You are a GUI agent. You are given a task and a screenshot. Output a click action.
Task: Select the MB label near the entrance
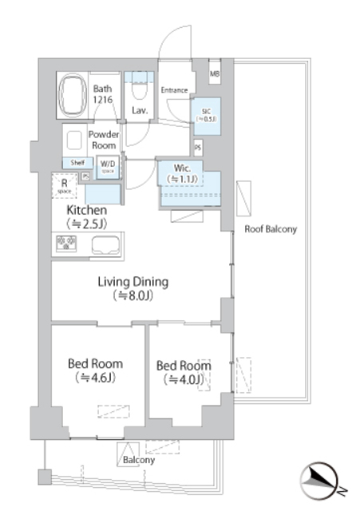pos(215,74)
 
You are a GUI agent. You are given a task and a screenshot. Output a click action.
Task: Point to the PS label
pos(197,148)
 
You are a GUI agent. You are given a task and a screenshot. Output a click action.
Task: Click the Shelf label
pos(77,163)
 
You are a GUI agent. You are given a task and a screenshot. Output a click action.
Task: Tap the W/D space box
pos(108,166)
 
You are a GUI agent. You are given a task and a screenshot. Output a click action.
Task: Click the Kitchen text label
pos(87,210)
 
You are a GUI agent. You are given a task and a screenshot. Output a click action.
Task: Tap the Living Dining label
pos(133,282)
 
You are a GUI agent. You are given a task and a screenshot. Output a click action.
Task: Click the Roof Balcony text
pos(271,229)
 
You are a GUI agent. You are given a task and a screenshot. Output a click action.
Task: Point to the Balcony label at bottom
pos(138,461)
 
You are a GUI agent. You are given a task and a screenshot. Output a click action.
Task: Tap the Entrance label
pos(174,89)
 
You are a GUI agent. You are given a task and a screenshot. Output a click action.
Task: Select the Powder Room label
pos(103,140)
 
